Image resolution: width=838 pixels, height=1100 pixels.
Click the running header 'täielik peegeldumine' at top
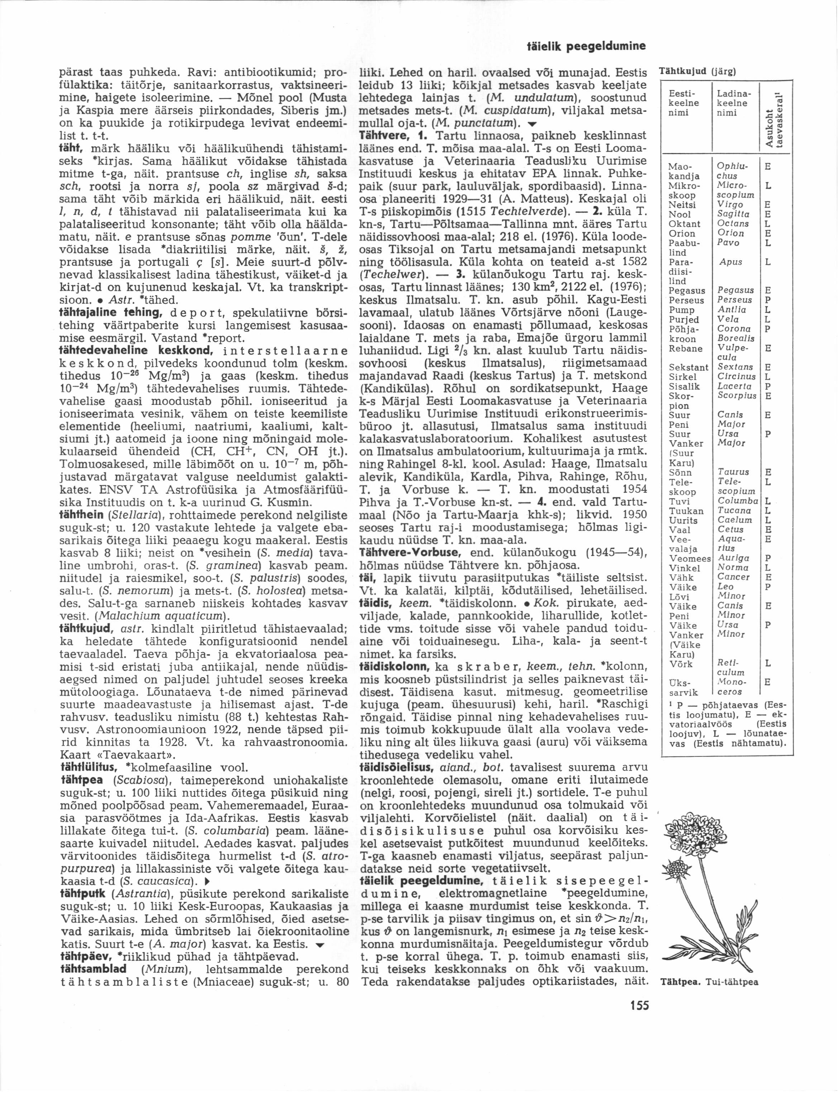587,47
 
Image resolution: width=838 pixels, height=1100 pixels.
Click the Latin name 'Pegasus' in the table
735,290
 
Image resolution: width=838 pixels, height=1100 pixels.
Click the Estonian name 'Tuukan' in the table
686,511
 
